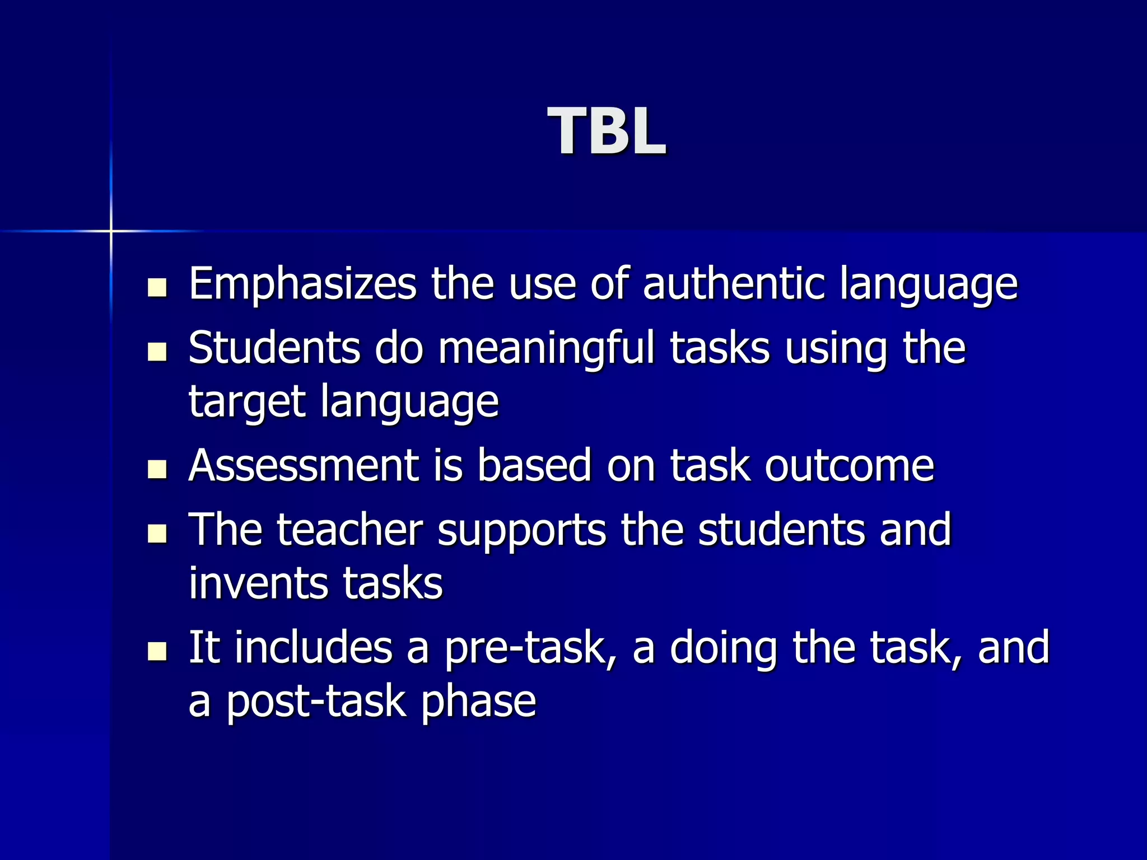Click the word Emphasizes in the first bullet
coord(302,284)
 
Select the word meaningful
coord(546,348)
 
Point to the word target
coord(247,402)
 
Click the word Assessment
coord(303,466)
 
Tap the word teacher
coord(349,530)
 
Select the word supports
coord(521,531)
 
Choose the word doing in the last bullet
coord(723,648)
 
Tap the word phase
coord(479,702)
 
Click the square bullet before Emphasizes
coord(157,288)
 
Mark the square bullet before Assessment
coord(157,469)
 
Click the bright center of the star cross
coord(111,231)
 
